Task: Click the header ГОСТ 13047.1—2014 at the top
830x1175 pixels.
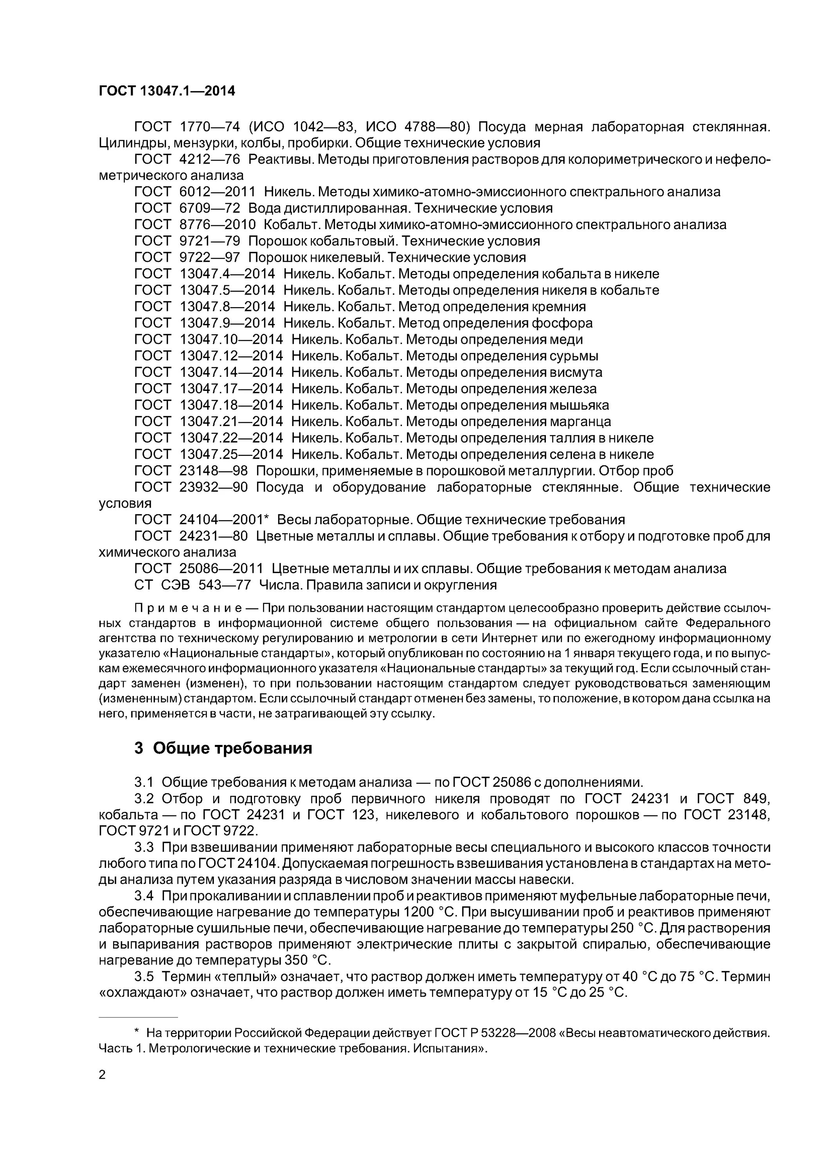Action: [x=167, y=91]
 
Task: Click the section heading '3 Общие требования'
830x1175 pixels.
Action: [x=223, y=748]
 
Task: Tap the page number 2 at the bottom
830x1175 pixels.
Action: [x=102, y=1075]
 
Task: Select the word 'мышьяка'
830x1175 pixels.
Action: [x=579, y=405]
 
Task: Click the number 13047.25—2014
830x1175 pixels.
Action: [x=231, y=454]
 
